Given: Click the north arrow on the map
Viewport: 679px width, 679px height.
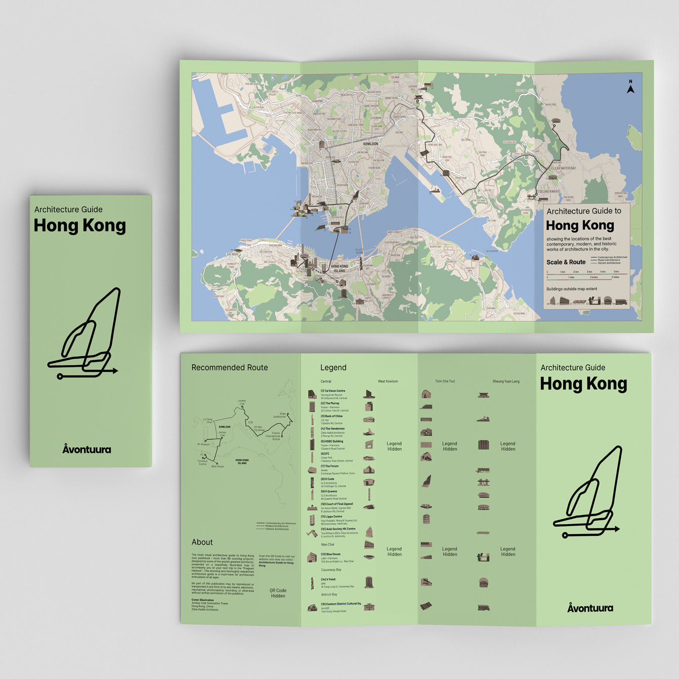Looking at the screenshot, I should point(630,88).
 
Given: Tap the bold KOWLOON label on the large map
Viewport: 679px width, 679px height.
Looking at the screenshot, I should point(370,144).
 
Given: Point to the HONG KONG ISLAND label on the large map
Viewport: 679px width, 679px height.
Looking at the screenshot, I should point(339,268).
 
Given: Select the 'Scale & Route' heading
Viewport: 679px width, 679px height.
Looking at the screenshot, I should point(566,262).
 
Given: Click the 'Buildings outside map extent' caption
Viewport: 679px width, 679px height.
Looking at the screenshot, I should point(572,289).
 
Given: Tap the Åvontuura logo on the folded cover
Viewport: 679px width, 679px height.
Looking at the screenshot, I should point(87,449).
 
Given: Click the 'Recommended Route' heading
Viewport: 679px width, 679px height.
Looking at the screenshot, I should point(230,368).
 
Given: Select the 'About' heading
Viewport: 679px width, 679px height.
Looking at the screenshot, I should point(202,542).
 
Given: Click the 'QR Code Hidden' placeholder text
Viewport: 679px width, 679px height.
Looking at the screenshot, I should point(278,593).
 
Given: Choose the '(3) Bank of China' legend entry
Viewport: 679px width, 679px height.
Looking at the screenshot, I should point(331,416).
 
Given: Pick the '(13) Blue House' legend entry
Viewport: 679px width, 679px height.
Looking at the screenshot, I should point(330,554).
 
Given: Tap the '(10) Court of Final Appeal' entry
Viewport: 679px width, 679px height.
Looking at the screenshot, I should point(336,504).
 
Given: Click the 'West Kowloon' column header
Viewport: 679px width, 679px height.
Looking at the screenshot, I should point(388,381).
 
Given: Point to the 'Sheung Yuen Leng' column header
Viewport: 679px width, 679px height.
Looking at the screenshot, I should point(506,381).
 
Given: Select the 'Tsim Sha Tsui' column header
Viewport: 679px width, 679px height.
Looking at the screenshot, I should point(445,381).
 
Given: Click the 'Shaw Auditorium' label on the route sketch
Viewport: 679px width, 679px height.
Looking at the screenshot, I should point(279,415).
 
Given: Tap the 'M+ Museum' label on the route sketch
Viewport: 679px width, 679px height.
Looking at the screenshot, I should point(203,444).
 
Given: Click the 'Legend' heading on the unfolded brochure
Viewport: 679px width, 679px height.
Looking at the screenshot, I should point(333,368).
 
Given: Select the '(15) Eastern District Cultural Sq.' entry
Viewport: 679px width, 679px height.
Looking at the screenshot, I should point(341,604).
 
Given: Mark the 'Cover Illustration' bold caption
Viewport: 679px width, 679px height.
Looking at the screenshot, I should point(202,600).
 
